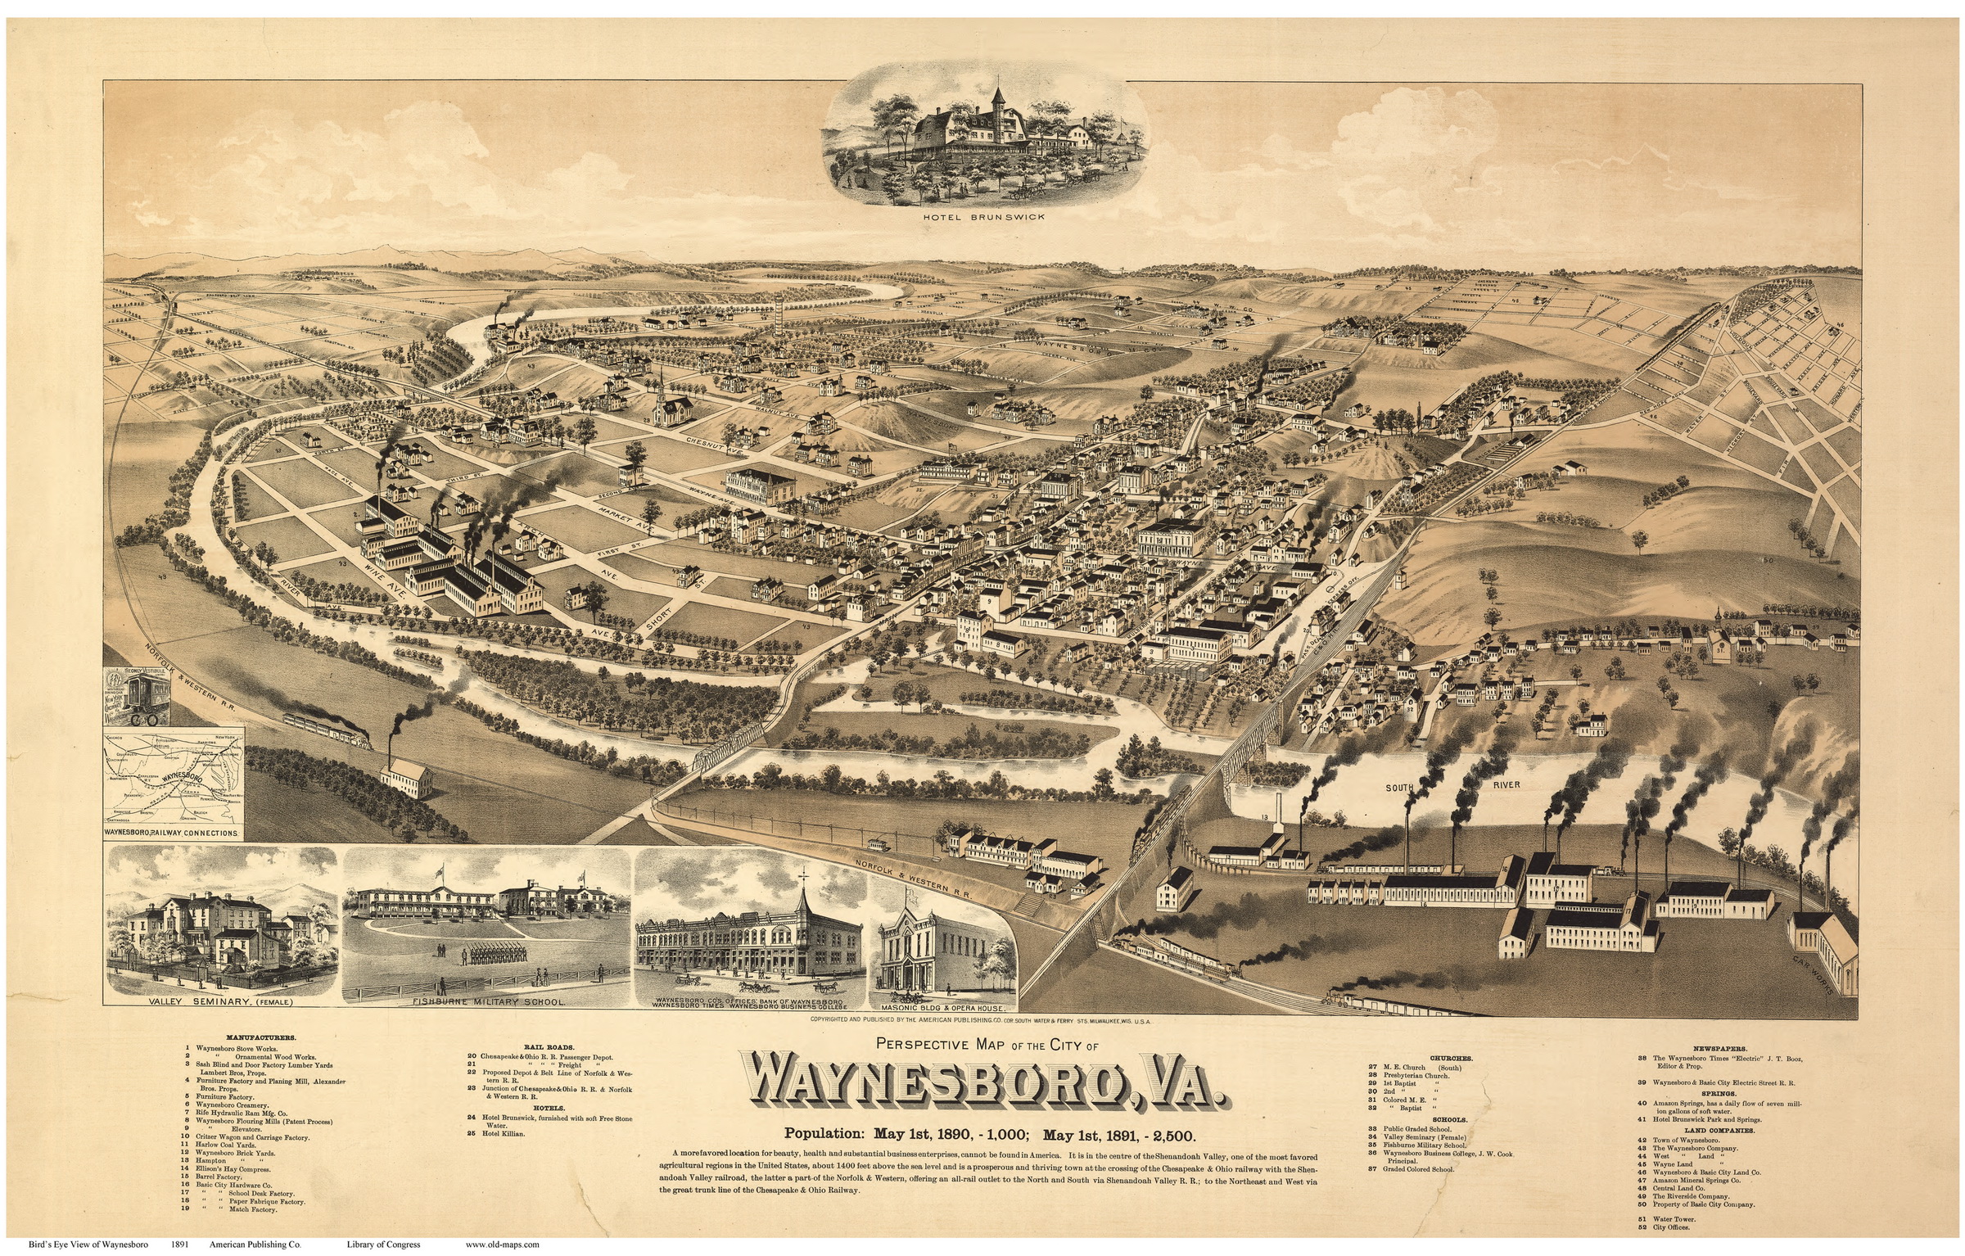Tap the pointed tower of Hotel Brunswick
click(998, 90)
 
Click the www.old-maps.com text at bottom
click(503, 1245)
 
